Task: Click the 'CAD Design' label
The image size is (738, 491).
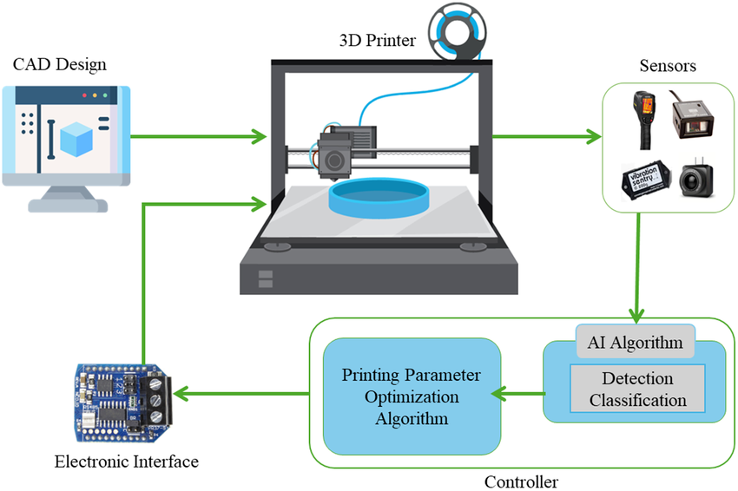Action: [x=60, y=65]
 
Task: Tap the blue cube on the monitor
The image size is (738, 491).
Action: [x=76, y=139]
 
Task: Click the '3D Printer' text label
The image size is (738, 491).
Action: [x=378, y=41]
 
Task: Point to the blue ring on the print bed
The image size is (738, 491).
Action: [x=379, y=198]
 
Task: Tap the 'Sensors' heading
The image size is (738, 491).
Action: [x=668, y=66]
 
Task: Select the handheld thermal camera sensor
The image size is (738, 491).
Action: [x=643, y=120]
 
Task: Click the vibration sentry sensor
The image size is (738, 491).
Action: [x=645, y=180]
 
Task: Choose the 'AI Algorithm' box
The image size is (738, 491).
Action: [x=636, y=342]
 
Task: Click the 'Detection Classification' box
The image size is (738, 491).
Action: [x=638, y=389]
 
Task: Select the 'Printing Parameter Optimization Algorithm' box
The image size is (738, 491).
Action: [x=412, y=396]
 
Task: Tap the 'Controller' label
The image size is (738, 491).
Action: [x=521, y=482]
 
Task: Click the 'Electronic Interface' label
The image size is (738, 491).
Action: [x=126, y=462]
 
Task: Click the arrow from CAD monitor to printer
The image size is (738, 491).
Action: [x=199, y=137]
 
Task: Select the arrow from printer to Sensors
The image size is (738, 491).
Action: [x=547, y=137]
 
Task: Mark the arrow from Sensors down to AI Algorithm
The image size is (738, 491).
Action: [x=637, y=268]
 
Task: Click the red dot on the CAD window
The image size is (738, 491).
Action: [x=84, y=95]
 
